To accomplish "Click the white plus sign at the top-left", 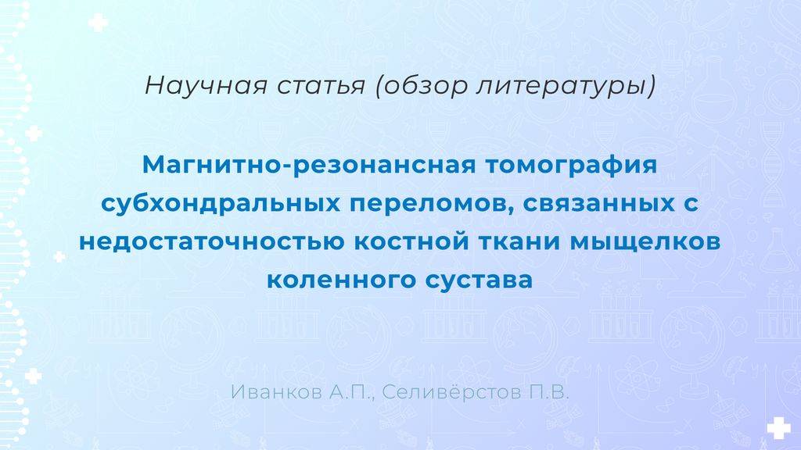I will [x=98, y=23].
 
